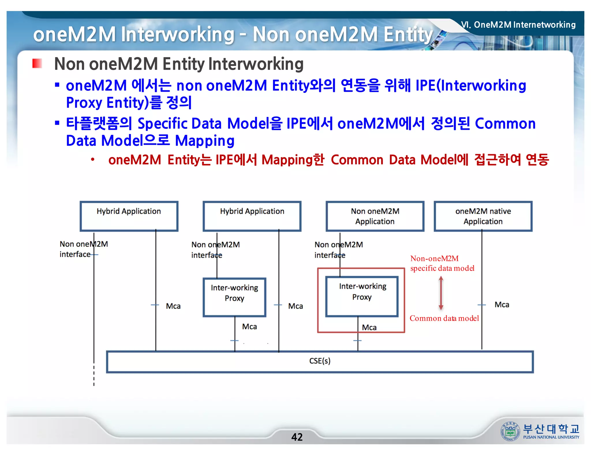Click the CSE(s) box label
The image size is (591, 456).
[x=320, y=361]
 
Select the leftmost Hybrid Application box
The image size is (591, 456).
[x=129, y=216]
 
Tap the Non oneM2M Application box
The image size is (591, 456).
[x=375, y=216]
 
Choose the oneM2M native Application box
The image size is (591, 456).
[x=483, y=216]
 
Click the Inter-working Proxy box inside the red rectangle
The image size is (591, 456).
[x=362, y=296]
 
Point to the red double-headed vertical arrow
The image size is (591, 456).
[x=441, y=293]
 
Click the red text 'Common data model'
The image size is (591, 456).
[x=444, y=318]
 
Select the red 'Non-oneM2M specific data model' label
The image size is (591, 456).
[x=442, y=263]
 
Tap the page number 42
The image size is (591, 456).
[x=297, y=437]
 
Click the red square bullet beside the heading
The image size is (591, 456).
[x=37, y=63]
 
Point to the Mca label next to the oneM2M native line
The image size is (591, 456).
[x=502, y=305]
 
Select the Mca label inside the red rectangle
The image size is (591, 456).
[x=369, y=327]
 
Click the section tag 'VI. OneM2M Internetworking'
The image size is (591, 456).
[x=518, y=25]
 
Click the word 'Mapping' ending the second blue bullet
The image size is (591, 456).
[x=205, y=141]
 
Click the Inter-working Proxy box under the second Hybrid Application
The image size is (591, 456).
[x=234, y=297]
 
